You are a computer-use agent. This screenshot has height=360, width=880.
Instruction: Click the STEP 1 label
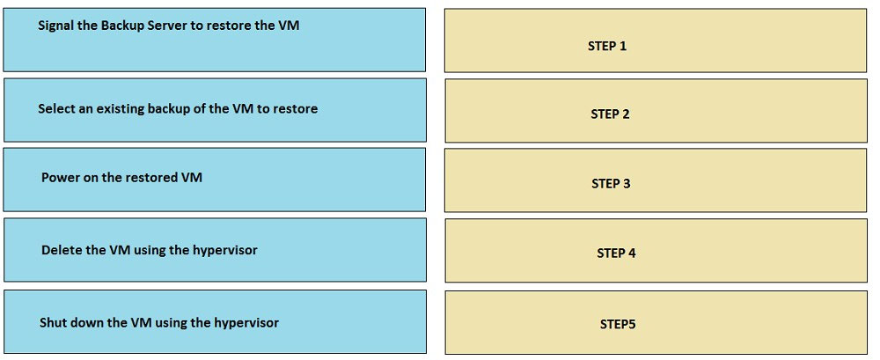(606, 46)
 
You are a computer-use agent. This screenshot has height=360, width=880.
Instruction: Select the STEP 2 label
(610, 114)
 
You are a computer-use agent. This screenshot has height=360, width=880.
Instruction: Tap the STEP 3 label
(611, 184)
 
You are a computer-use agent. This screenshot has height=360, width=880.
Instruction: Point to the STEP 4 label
(616, 253)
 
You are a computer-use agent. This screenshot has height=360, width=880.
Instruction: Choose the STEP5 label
(618, 324)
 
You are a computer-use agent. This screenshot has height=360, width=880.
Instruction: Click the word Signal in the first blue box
(55, 26)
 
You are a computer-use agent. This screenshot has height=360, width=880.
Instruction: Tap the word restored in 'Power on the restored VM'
(150, 178)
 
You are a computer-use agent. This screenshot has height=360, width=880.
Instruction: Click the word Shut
(52, 323)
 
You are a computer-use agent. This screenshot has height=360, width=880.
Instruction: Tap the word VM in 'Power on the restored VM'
(191, 178)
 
